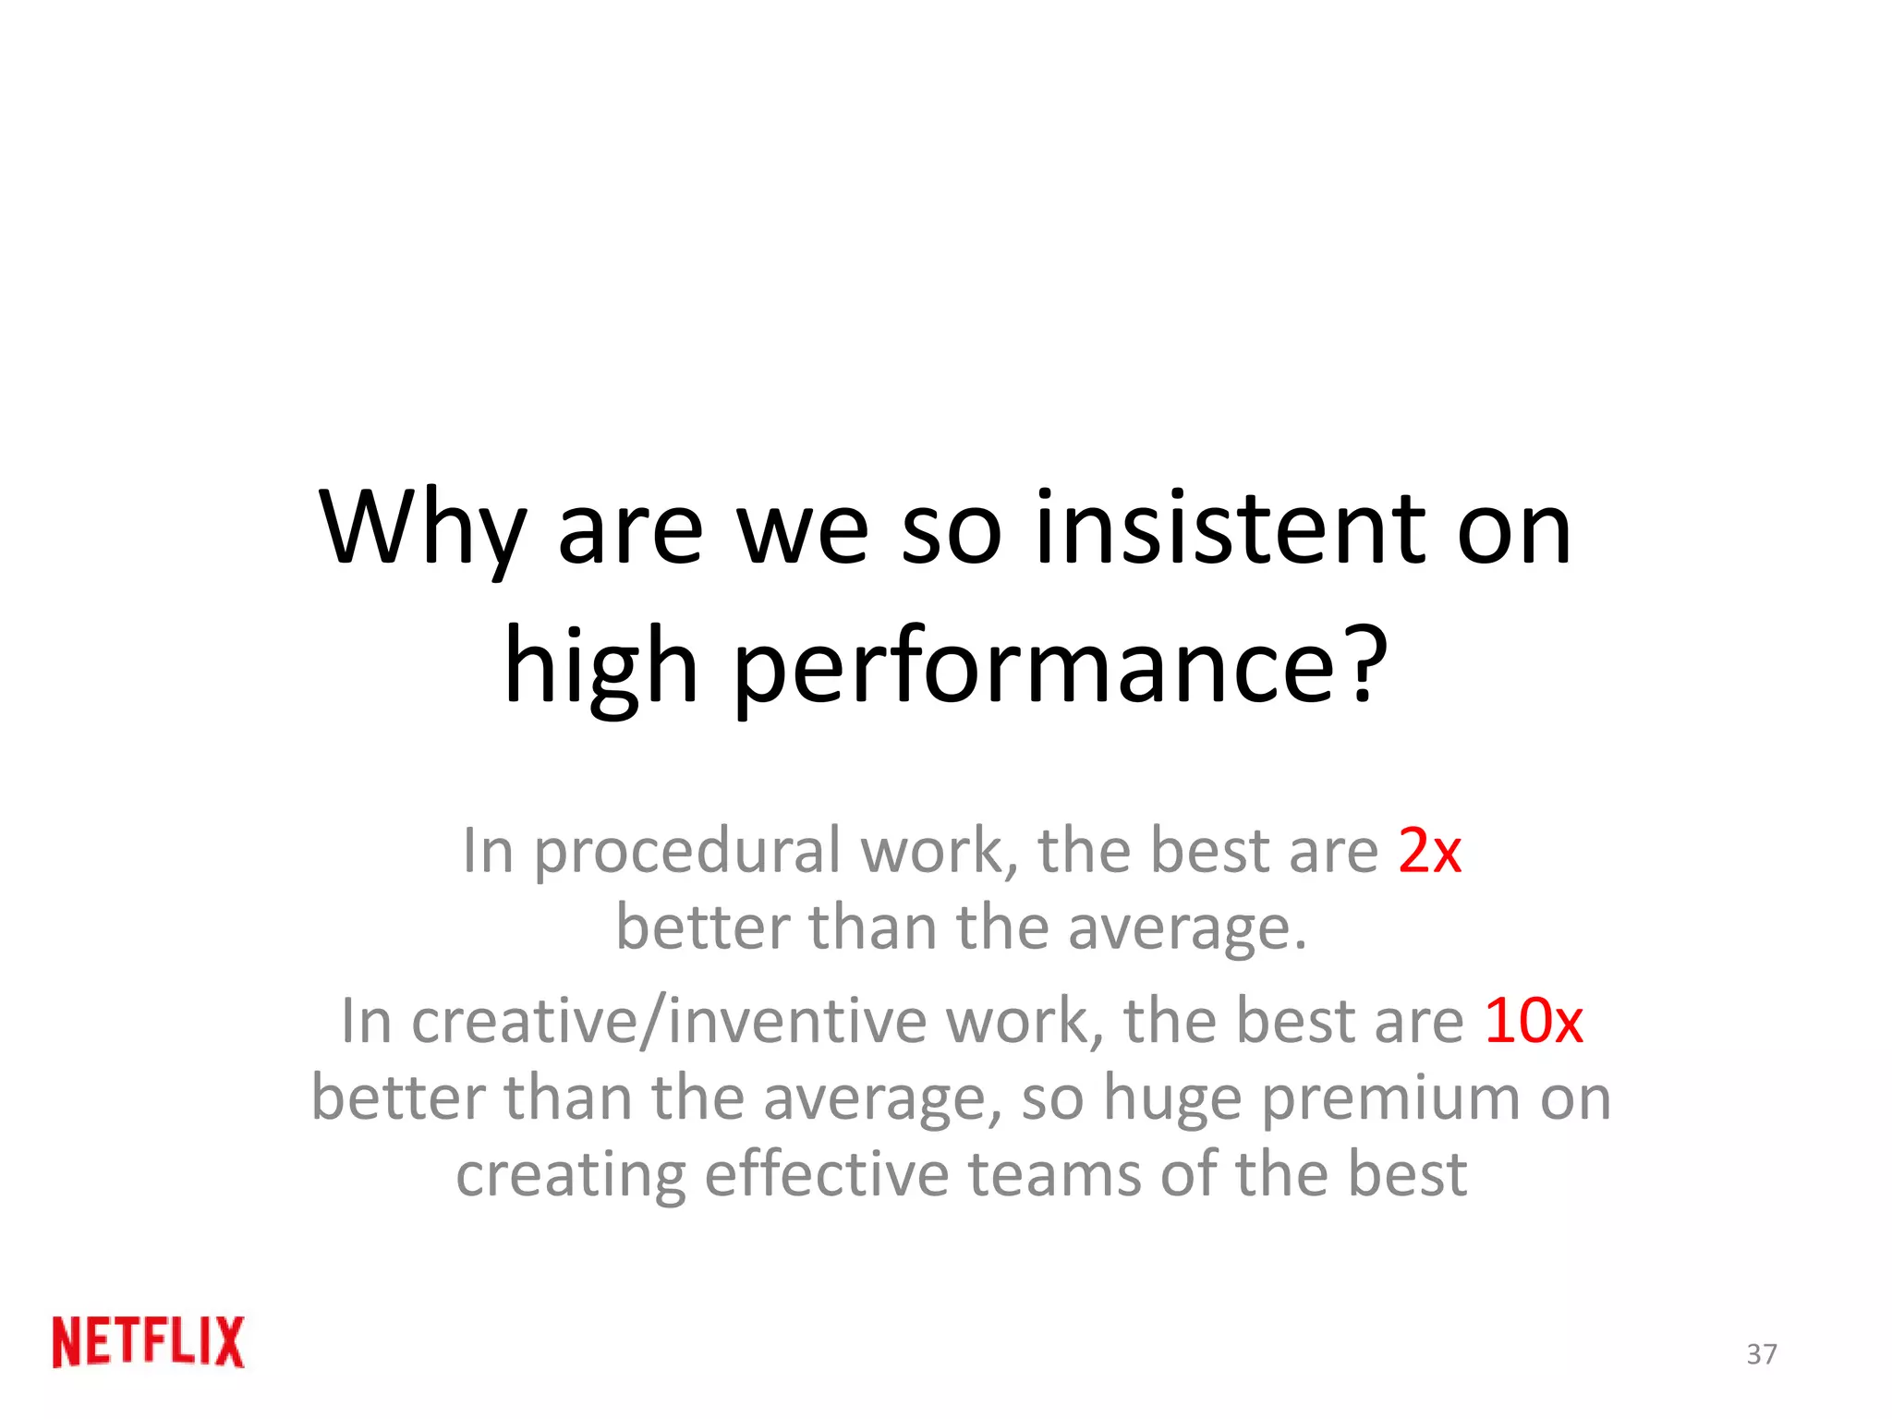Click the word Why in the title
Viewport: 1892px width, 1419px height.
(x=421, y=528)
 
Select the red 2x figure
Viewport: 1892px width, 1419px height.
(x=1429, y=850)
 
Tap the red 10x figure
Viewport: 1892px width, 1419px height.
(x=1534, y=1021)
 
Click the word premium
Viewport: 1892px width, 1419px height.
(x=1390, y=1099)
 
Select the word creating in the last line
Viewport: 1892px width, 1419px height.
(x=571, y=1176)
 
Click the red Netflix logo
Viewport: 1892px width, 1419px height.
(x=149, y=1341)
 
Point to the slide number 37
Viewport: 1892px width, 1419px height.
(x=1761, y=1354)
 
